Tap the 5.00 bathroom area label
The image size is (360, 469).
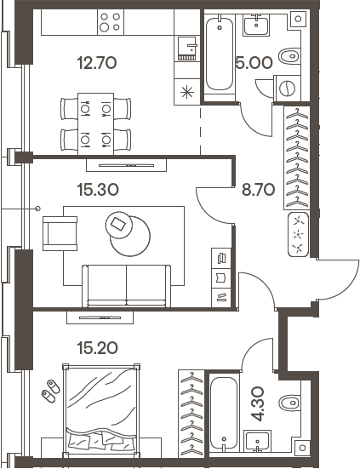point(253,62)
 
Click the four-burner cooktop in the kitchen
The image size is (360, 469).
point(110,21)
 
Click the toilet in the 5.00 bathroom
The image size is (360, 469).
point(289,56)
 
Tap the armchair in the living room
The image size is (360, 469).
point(60,231)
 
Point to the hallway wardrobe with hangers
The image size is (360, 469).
point(295,157)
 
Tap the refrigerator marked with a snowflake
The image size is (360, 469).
point(186,91)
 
